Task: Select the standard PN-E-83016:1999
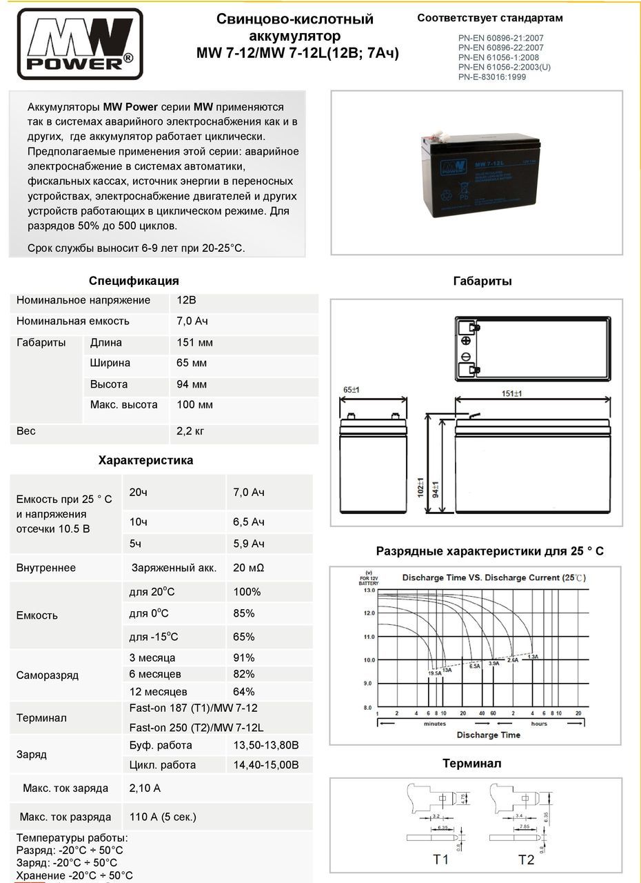click(x=491, y=77)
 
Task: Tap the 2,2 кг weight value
click(x=191, y=431)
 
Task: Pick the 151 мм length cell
click(x=195, y=343)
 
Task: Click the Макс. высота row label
click(x=124, y=405)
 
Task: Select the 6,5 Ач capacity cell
click(x=249, y=522)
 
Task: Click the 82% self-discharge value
click(x=244, y=674)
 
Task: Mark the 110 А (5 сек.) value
click(x=163, y=817)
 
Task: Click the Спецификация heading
click(x=134, y=281)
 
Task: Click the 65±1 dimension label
click(x=352, y=390)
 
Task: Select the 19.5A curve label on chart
click(x=435, y=673)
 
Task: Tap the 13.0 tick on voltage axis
click(x=368, y=591)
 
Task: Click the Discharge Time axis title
click(x=489, y=735)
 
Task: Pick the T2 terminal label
click(x=526, y=860)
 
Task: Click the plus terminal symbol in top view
click(x=466, y=341)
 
